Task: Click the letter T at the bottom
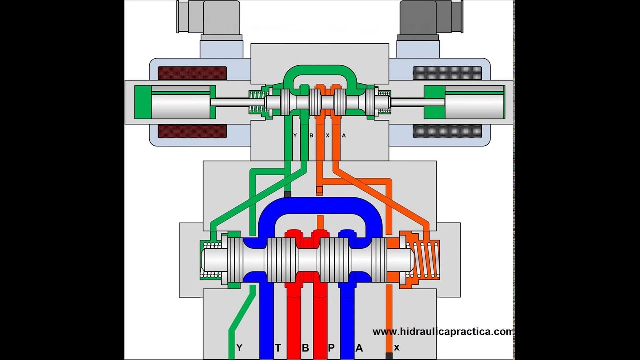tap(278, 348)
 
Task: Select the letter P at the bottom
tap(331, 348)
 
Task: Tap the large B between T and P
tap(305, 348)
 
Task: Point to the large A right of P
tap(358, 348)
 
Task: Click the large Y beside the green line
tap(239, 348)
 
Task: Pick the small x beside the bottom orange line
tap(397, 347)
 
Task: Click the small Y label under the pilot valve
tap(295, 135)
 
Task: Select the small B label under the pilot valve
tap(311, 135)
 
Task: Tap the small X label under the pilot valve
tap(327, 135)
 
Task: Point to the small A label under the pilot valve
tap(343, 135)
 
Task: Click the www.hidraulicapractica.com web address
tap(443, 331)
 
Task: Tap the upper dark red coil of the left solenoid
tap(192, 73)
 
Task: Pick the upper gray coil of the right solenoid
tap(447, 73)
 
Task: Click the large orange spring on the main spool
tap(423, 259)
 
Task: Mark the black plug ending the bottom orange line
tap(389, 355)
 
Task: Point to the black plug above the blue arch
tap(287, 193)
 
